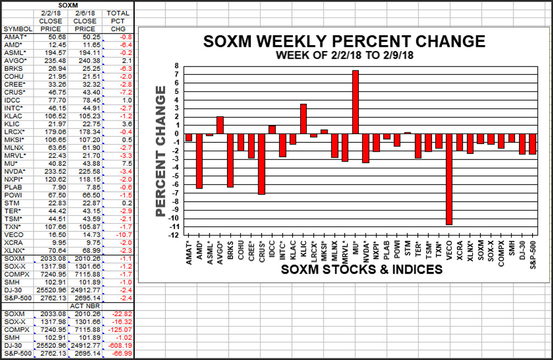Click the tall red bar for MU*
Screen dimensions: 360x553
point(355,102)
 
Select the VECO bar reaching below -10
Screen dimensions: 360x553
point(449,179)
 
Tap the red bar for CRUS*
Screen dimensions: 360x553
point(262,163)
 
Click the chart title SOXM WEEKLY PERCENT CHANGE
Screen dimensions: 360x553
point(344,42)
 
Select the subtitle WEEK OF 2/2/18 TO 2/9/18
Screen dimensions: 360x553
point(344,56)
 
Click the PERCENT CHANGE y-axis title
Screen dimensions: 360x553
point(161,151)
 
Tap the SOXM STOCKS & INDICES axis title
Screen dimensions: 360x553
point(362,269)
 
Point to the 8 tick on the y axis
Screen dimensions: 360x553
point(176,66)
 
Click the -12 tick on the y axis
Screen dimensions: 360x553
point(174,235)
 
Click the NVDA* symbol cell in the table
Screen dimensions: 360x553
point(15,171)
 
